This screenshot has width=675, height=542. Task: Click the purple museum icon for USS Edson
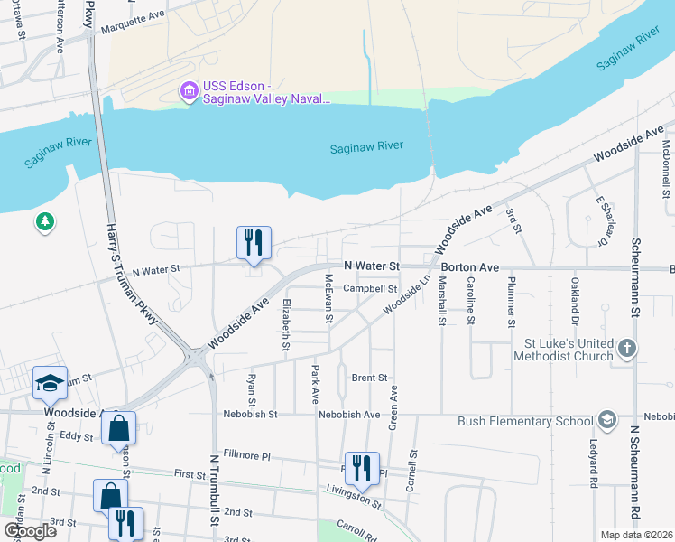(190, 91)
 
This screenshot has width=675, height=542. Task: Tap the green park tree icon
(44, 221)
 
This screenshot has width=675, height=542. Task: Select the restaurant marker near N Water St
(253, 243)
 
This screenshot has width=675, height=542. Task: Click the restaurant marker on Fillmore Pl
(361, 468)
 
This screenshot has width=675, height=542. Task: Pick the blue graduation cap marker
(50, 383)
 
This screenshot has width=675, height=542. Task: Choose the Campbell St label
(370, 289)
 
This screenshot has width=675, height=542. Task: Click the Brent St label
(369, 378)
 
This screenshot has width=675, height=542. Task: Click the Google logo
(29, 531)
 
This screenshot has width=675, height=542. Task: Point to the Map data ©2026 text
(636, 535)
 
